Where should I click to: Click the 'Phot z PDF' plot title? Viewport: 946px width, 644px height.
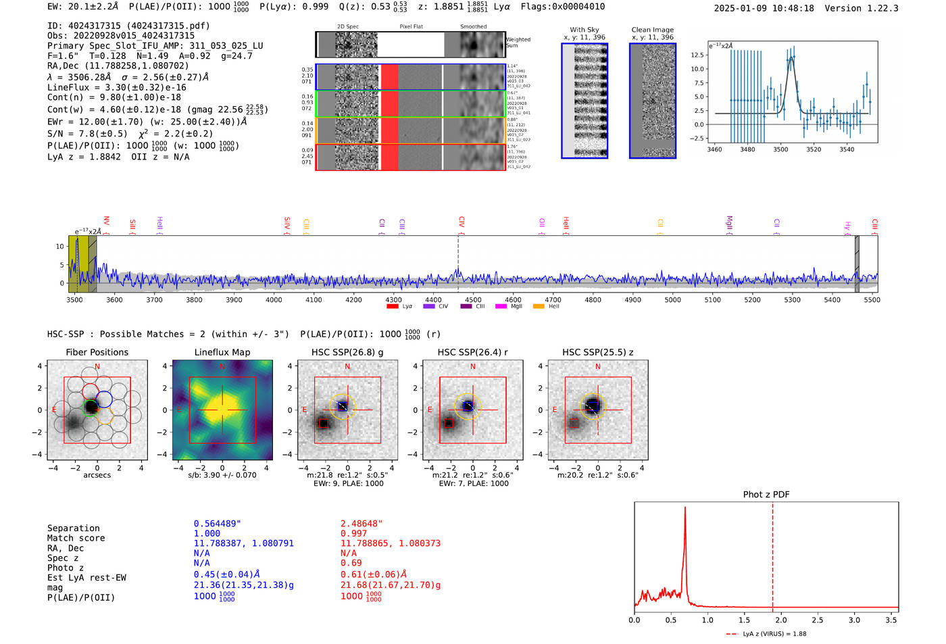(766, 495)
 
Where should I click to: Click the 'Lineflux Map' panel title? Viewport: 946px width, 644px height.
(222, 352)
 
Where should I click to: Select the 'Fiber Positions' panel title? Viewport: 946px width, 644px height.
(97, 352)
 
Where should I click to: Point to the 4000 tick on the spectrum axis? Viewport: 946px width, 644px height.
(274, 299)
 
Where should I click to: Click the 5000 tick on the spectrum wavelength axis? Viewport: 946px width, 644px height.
(672, 299)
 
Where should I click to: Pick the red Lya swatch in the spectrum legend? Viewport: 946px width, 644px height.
(393, 307)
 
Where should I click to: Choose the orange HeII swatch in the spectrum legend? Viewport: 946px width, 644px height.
(539, 307)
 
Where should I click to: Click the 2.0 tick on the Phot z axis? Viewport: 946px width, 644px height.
(781, 620)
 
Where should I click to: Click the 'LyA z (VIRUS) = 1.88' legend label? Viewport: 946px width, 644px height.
(774, 634)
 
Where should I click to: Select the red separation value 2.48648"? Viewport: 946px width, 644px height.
(362, 524)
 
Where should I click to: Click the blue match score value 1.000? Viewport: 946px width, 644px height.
(207, 534)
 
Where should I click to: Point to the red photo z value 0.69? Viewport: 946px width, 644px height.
(351, 563)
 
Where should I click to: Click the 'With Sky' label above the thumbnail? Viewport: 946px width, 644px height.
(584, 30)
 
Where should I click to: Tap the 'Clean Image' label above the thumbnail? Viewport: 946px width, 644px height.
(653, 30)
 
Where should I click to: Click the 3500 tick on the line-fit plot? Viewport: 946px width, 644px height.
(780, 149)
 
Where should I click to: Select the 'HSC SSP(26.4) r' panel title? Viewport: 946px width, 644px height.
(473, 352)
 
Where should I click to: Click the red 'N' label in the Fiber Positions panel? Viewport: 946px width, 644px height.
(97, 367)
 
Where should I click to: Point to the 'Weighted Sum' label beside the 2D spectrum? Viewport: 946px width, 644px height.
(518, 43)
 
